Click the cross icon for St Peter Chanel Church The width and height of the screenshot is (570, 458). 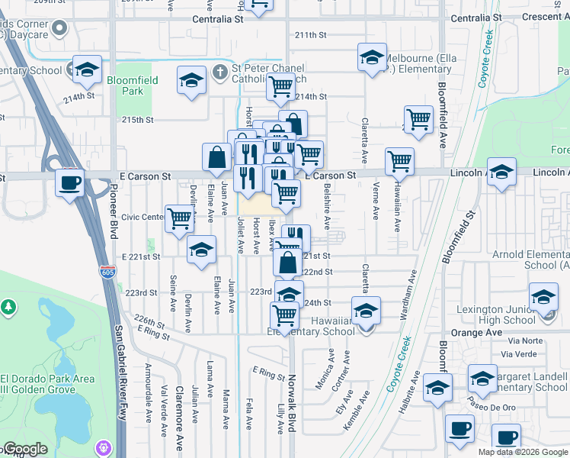(x=220, y=71)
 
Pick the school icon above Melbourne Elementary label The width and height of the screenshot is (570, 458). (x=372, y=58)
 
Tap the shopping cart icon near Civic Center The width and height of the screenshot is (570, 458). (x=179, y=218)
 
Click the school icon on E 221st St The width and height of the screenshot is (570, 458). (x=201, y=250)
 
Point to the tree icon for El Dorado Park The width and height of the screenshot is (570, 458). (x=8, y=307)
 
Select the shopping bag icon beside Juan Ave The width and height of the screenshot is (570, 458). (x=216, y=156)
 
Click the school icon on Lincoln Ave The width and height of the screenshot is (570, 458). (x=501, y=172)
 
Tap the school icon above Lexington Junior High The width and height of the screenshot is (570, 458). (x=543, y=297)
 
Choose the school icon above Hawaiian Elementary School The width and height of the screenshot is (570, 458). (x=367, y=310)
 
